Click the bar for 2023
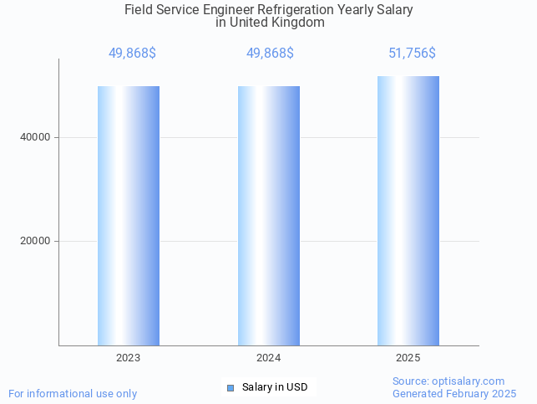click(x=129, y=215)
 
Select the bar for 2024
click(x=268, y=215)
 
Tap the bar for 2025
click(x=408, y=210)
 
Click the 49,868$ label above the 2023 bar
click(x=132, y=54)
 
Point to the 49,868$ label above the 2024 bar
click(x=270, y=54)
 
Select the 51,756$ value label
click(x=412, y=54)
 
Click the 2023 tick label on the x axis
click(x=129, y=358)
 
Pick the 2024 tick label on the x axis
click(x=268, y=358)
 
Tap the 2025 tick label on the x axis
click(x=408, y=358)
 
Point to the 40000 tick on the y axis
click(x=35, y=137)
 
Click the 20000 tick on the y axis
click(x=35, y=241)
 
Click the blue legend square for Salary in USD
click(x=231, y=387)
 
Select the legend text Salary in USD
click(x=275, y=387)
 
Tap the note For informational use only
click(x=73, y=393)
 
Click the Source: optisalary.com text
click(x=448, y=381)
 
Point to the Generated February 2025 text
click(x=454, y=393)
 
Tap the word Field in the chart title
click(x=138, y=10)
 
